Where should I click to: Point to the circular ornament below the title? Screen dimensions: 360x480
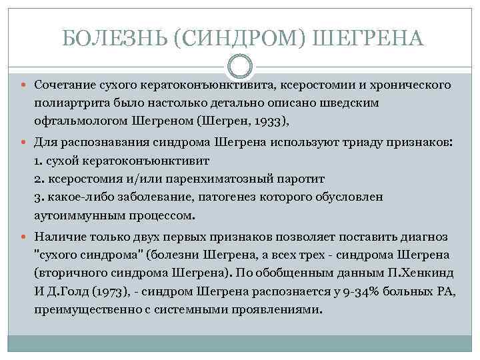(x=240, y=67)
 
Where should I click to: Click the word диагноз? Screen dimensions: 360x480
(x=426, y=237)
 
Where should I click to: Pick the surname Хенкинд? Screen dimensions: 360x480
(x=423, y=273)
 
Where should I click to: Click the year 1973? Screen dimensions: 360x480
(x=107, y=291)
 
